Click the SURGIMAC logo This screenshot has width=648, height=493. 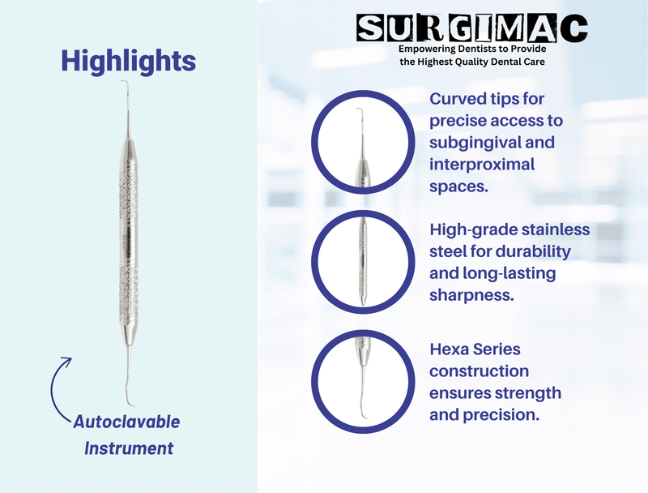pyautogui.click(x=473, y=28)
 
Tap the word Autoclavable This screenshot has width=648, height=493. pyautogui.click(x=127, y=422)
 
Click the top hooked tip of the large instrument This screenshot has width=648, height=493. pyautogui.click(x=126, y=86)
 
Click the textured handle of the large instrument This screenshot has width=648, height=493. pyautogui.click(x=127, y=243)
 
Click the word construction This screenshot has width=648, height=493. pyautogui.click(x=479, y=371)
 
